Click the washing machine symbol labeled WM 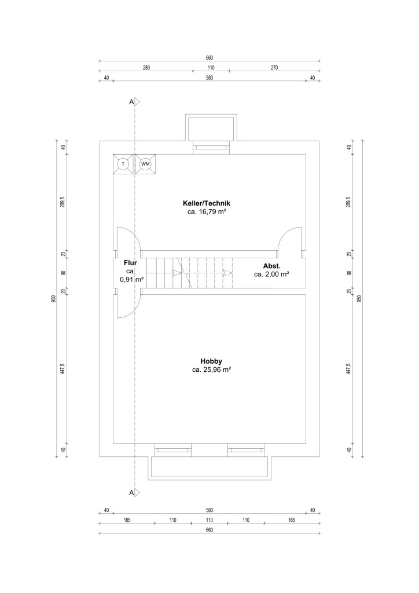[x=145, y=164]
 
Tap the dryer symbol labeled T [x=123, y=164]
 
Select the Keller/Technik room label [x=206, y=203]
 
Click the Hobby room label [x=211, y=361]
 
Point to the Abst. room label [x=271, y=266]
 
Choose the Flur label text [x=130, y=263]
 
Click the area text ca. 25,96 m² [x=212, y=370]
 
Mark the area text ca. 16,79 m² [x=207, y=212]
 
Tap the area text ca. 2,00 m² [x=271, y=274]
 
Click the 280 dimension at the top [x=146, y=68]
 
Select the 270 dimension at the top [x=274, y=68]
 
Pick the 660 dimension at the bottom [x=209, y=530]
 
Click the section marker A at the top [x=131, y=102]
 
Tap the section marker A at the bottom [x=131, y=492]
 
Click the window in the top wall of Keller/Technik [x=212, y=148]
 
